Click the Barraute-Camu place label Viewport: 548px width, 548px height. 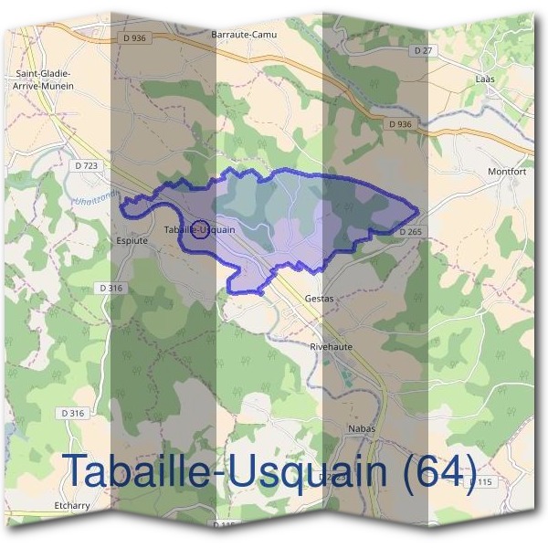point(243,34)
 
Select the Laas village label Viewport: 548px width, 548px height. point(485,79)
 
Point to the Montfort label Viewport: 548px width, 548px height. point(508,171)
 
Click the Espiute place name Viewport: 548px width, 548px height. point(132,241)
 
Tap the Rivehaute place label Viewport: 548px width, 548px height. point(332,347)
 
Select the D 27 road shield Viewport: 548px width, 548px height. point(422,51)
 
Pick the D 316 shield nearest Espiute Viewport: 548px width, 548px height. point(111,288)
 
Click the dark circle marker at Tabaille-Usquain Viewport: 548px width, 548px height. point(204,228)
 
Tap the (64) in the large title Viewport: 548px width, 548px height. point(438,471)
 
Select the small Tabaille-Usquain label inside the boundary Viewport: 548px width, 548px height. point(199,229)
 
